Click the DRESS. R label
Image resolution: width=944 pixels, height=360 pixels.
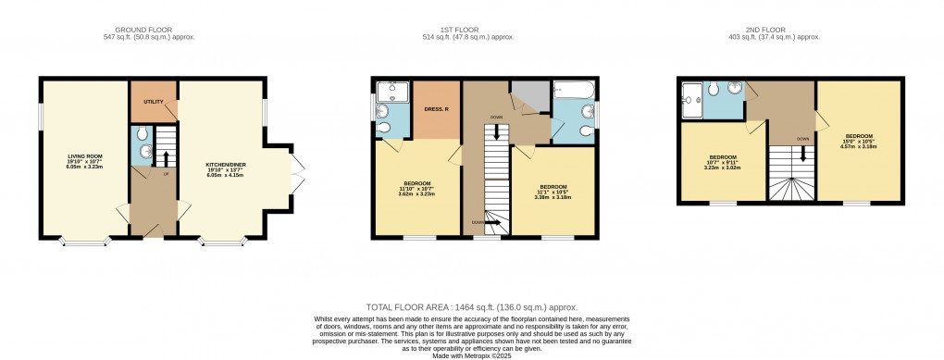pyautogui.click(x=436, y=109)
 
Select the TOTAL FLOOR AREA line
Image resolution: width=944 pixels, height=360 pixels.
pyautogui.click(x=472, y=305)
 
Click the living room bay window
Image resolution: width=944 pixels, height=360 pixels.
pyautogui.click(x=84, y=242)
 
